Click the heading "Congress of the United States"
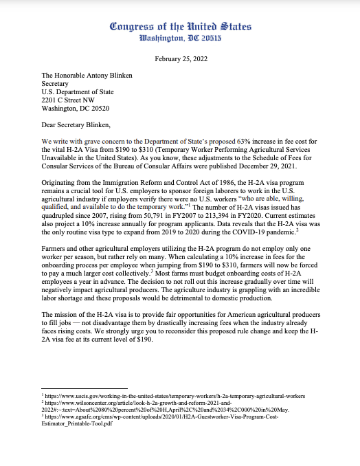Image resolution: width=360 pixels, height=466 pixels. click(x=180, y=27)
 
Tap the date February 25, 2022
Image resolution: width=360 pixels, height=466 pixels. click(x=180, y=60)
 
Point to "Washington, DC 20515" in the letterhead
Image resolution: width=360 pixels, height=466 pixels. click(x=180, y=39)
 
